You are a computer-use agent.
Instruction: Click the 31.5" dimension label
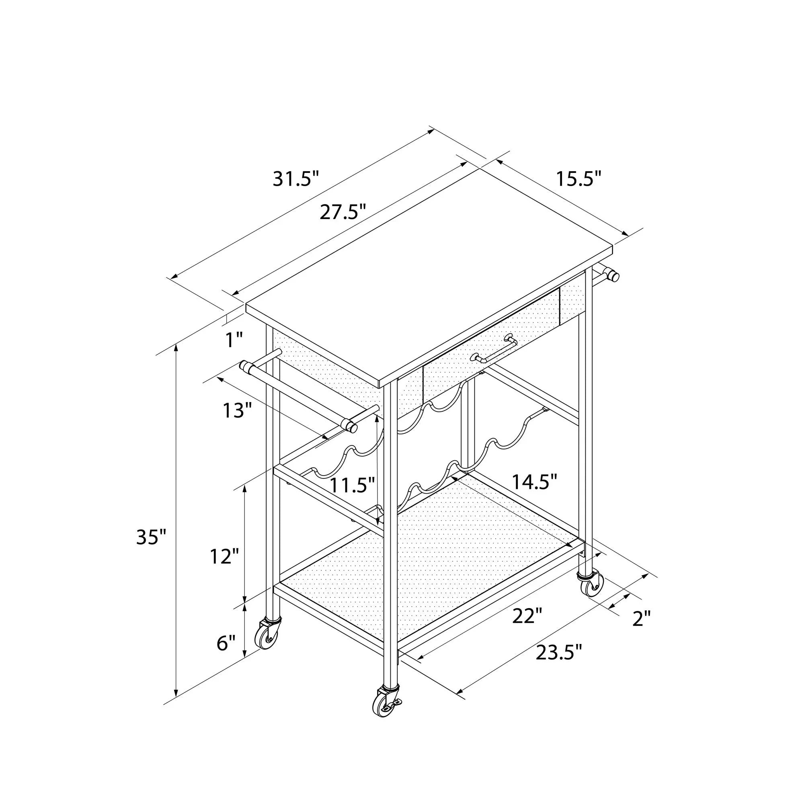click(296, 179)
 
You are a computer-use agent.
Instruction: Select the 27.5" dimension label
click(343, 212)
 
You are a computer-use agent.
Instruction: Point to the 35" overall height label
click(151, 537)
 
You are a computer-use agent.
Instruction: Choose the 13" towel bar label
click(238, 410)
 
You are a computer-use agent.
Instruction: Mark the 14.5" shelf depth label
click(534, 482)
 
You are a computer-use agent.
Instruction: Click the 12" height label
click(224, 556)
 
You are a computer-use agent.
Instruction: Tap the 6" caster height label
click(226, 643)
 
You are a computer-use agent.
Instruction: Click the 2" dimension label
click(641, 630)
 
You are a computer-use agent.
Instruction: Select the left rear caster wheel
click(267, 636)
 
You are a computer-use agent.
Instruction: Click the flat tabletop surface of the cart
click(429, 275)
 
